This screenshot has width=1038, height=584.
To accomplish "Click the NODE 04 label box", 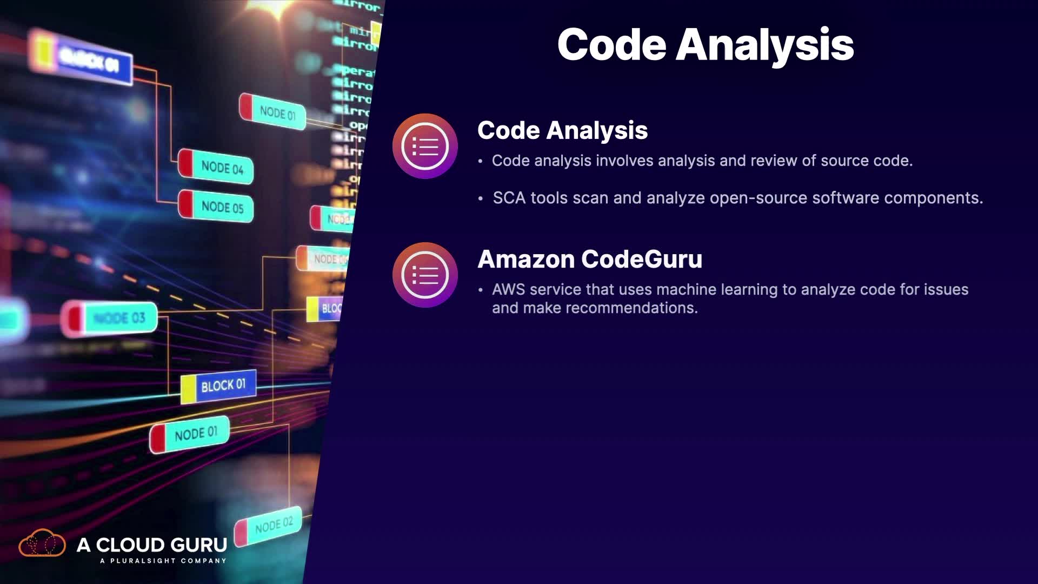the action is pos(216,167).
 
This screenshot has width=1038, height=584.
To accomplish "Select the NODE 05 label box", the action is pos(216,206).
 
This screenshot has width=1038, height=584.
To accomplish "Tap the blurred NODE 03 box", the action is pos(111,318).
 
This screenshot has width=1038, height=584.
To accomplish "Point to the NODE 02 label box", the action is pos(269,525).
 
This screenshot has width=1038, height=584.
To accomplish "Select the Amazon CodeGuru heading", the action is pos(590,259).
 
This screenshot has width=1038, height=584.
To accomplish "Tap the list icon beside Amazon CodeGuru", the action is pos(425,275).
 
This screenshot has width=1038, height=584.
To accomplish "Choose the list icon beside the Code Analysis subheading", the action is pos(425,146).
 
